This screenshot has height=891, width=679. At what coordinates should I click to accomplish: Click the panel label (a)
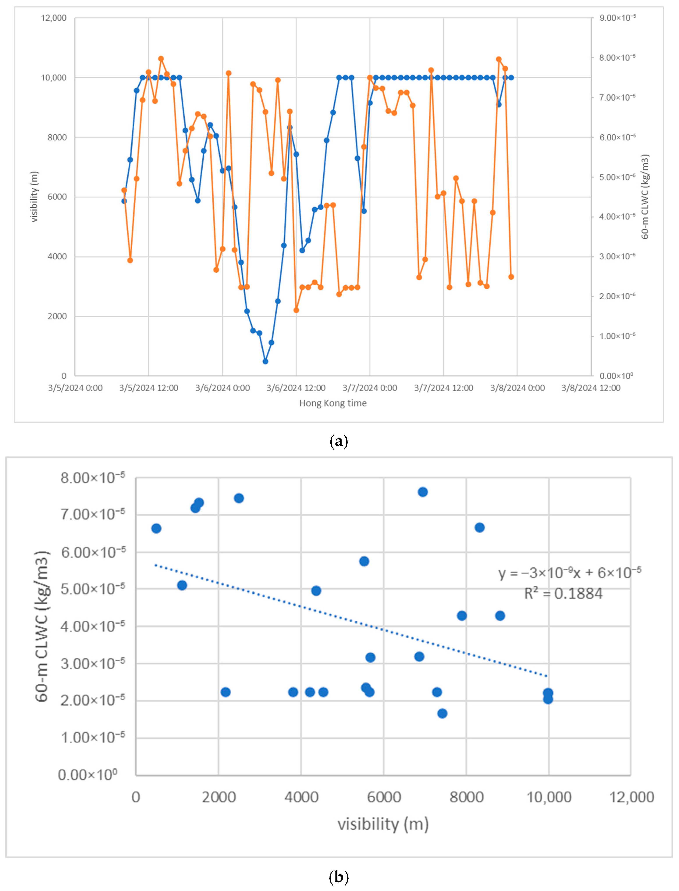[x=339, y=441]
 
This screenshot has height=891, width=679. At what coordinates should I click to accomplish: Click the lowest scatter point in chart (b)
[x=442, y=714]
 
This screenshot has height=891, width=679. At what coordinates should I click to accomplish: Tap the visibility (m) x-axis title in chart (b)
[x=383, y=824]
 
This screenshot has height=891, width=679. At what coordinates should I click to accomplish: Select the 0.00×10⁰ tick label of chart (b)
[x=88, y=775]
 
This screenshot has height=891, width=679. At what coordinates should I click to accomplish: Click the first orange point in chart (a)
[x=124, y=190]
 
